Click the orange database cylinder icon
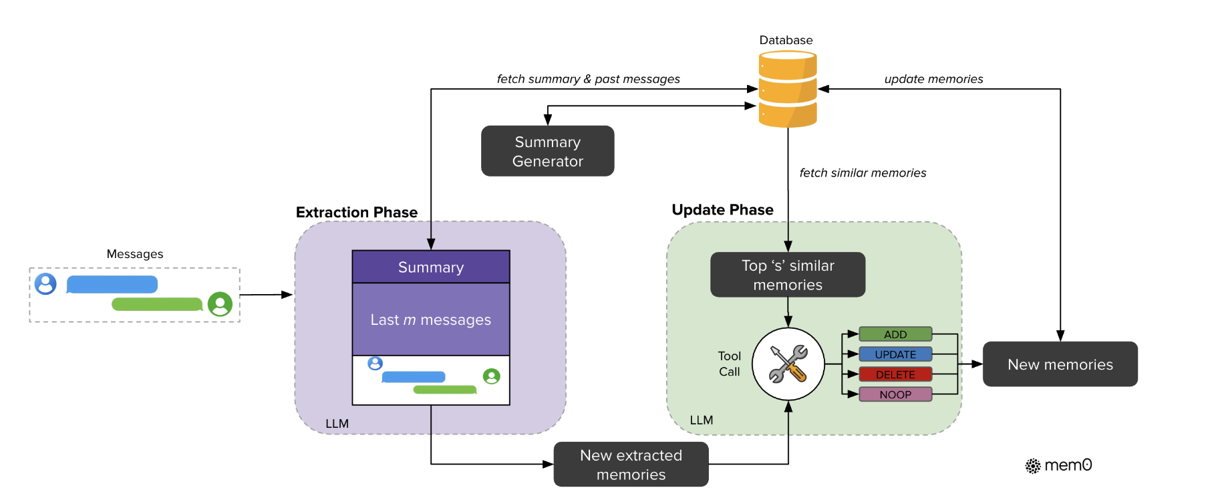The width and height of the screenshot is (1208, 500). (788, 90)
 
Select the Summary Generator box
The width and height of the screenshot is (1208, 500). (548, 151)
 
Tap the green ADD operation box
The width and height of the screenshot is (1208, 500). (895, 334)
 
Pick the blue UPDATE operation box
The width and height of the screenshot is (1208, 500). (895, 354)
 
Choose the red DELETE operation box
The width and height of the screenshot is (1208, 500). (895, 374)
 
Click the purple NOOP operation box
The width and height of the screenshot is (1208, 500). (895, 394)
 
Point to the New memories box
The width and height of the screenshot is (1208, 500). (1060, 364)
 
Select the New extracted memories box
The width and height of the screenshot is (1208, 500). (631, 465)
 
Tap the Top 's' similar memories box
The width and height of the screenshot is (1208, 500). (788, 275)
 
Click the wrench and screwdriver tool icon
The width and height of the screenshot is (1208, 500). (788, 364)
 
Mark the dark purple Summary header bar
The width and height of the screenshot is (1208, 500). (431, 267)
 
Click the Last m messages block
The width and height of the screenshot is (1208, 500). (431, 320)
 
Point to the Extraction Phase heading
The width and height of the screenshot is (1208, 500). (357, 213)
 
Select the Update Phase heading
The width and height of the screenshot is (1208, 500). (723, 210)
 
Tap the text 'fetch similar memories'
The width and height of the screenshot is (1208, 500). (863, 173)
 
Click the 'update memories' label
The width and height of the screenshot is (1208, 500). (934, 79)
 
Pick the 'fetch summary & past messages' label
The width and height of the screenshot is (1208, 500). (589, 79)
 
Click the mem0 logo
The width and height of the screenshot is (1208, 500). (1059, 465)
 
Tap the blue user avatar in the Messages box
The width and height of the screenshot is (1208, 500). (45, 284)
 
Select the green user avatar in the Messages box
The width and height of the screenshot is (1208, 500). (220, 304)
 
